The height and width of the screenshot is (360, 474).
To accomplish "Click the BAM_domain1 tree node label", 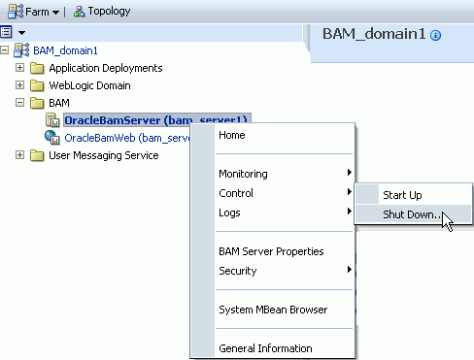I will [x=65, y=50].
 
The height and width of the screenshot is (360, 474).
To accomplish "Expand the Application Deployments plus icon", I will [x=19, y=68].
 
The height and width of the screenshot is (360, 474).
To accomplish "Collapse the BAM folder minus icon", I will [x=19, y=103].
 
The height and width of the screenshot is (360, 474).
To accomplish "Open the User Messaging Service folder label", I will [x=103, y=155].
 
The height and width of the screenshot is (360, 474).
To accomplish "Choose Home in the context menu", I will [x=232, y=135].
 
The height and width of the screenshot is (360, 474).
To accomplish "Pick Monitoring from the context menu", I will [x=243, y=174].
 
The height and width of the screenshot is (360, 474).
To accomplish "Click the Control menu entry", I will [x=236, y=193].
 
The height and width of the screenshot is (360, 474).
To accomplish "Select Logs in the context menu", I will [x=230, y=213].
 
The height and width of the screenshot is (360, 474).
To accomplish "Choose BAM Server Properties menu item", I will [x=271, y=251].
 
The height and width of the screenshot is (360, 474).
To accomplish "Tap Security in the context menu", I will [x=238, y=271].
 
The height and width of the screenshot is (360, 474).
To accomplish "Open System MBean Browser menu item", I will [x=273, y=310].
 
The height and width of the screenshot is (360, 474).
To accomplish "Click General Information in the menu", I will [x=265, y=348].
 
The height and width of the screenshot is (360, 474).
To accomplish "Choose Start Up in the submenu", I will [x=401, y=195].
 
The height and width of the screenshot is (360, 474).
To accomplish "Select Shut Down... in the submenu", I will [x=410, y=214].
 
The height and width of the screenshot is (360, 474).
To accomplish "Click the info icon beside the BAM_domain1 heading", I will [x=435, y=35].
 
